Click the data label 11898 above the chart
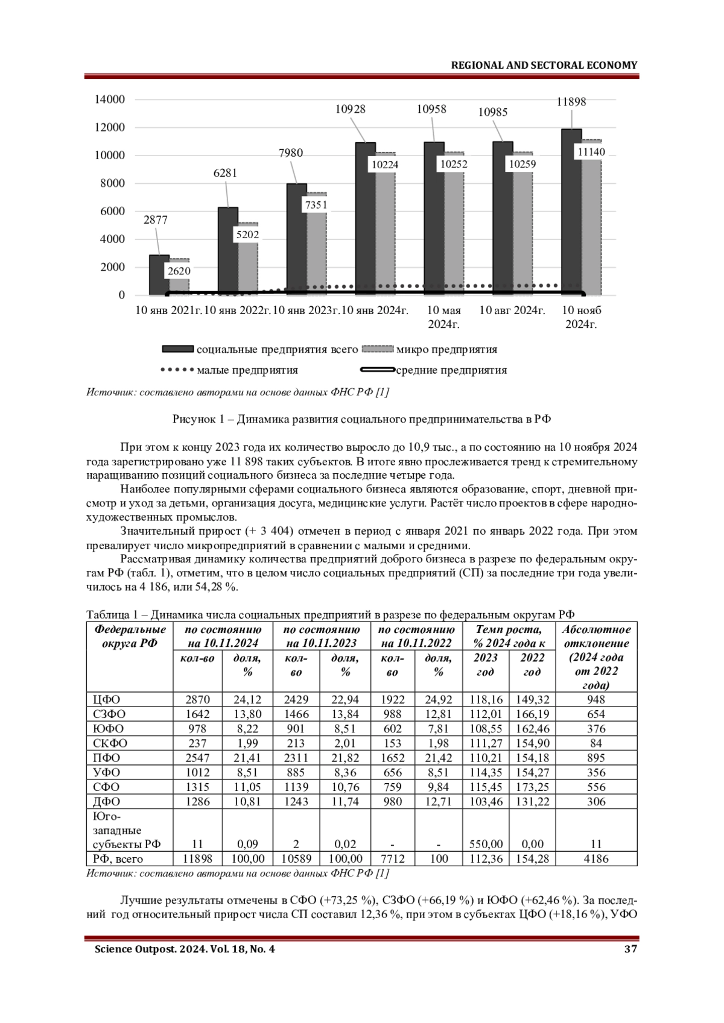pos(571,102)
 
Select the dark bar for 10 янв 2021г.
pos(159,274)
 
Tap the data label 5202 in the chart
pos(247,235)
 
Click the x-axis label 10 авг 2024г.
pos(512,310)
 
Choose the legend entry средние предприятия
pos(451,370)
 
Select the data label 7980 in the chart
pos(290,153)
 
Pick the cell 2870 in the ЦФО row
pos(197,700)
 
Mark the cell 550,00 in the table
pos(486,844)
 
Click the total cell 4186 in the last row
pos(596,858)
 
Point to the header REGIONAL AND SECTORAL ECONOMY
pos(544,65)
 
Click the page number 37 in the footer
pos(630,949)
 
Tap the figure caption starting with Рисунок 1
pos(361,419)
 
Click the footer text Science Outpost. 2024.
pos(185,949)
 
